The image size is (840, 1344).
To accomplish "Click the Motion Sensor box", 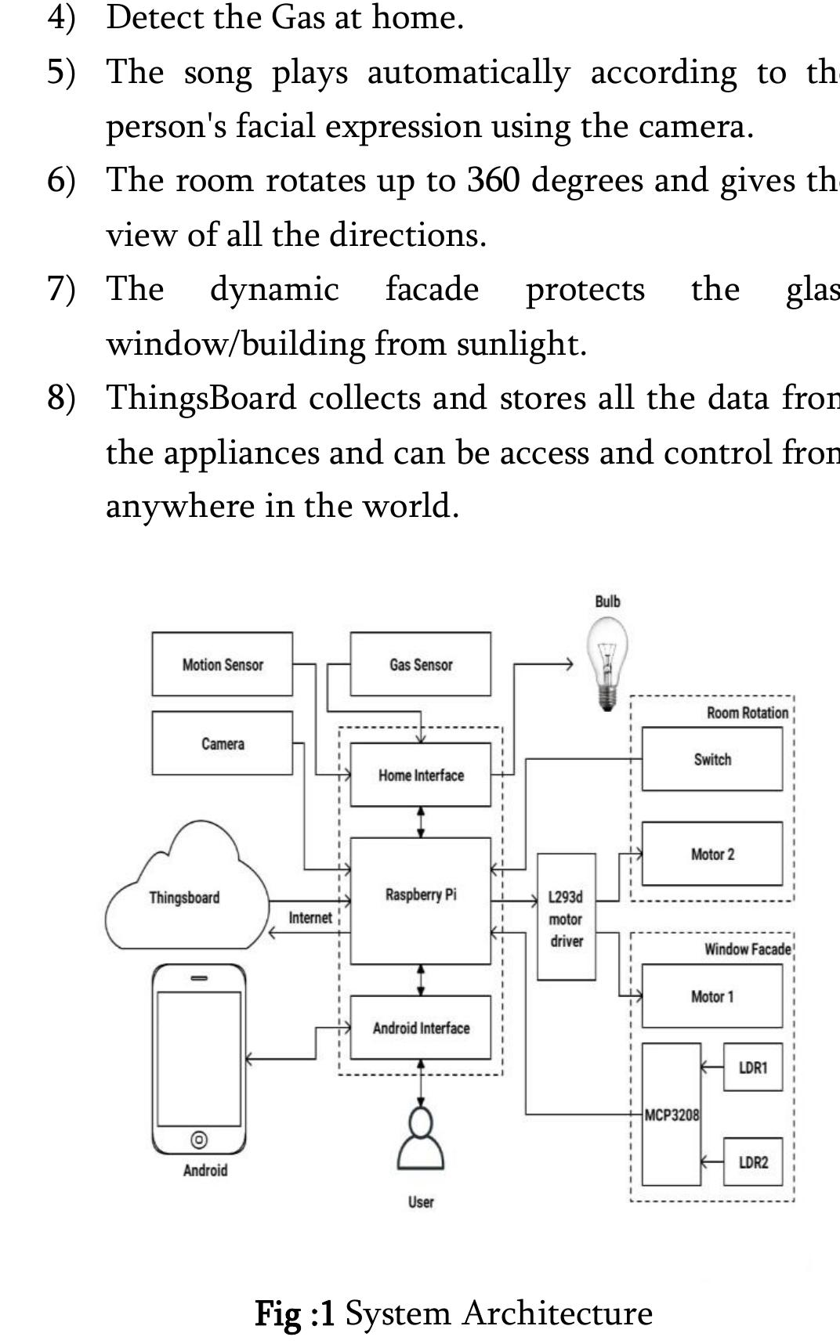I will click(x=222, y=664).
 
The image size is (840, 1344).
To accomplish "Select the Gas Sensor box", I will click(x=420, y=664).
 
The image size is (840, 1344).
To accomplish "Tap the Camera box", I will click(x=222, y=743).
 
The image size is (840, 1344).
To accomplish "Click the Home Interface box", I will click(x=420, y=775).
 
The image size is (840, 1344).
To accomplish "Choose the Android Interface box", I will click(x=420, y=1028).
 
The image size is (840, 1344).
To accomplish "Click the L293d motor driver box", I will click(x=566, y=917).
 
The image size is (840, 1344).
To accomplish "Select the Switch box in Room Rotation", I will click(x=711, y=759).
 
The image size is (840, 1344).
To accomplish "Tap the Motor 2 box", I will click(x=711, y=854).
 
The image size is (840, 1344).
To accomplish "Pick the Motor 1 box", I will click(x=711, y=996).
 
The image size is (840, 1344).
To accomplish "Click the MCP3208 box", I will click(x=671, y=1115).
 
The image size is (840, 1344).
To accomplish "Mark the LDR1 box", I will click(x=752, y=1067).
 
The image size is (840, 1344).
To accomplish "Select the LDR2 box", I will click(x=752, y=1162).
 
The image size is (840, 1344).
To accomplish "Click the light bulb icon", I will click(x=607, y=662).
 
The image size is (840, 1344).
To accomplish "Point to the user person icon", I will click(x=421, y=1140).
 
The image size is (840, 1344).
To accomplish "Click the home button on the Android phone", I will click(x=199, y=1139).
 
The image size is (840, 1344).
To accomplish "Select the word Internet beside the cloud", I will click(x=310, y=917).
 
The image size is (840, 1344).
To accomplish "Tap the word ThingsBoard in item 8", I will click(x=201, y=398).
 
